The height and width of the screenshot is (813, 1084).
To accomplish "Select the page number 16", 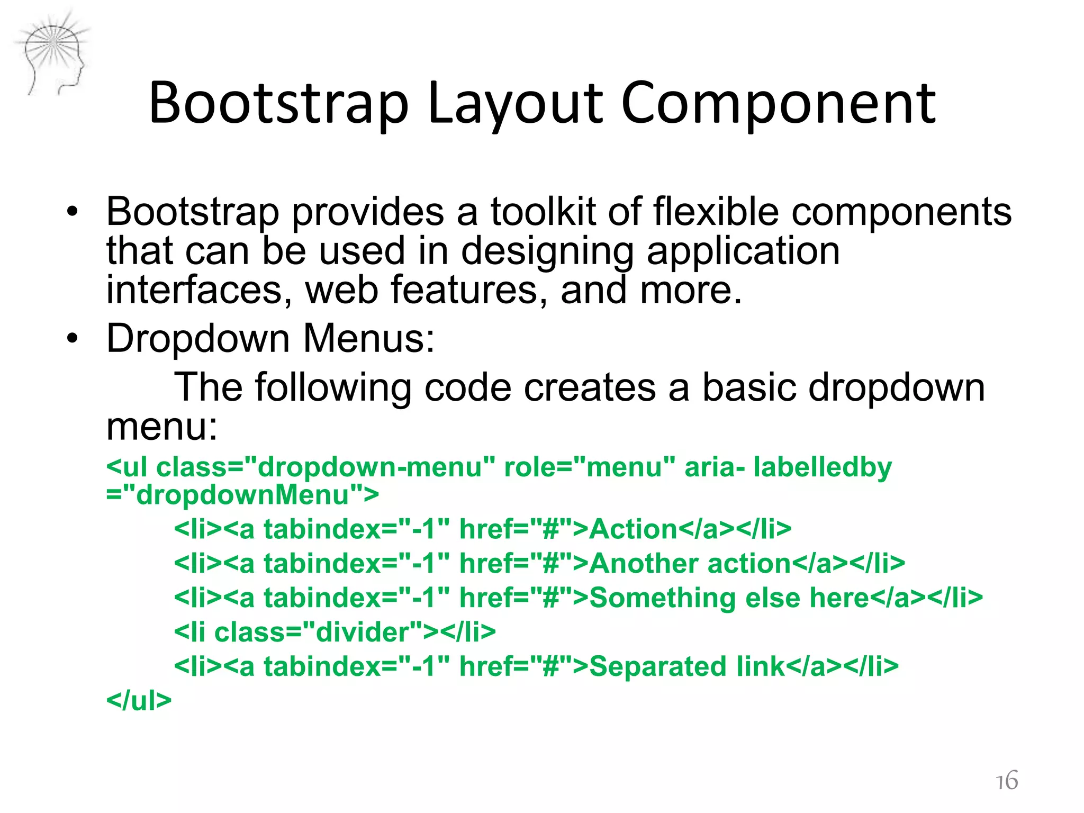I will click(x=1006, y=780).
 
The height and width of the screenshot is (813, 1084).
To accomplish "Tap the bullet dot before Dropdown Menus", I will click(x=73, y=338).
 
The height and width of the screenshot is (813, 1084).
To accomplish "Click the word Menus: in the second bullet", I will click(x=369, y=338).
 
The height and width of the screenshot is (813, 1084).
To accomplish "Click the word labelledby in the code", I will click(x=823, y=468).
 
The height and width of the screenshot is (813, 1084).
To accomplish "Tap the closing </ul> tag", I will click(x=139, y=701).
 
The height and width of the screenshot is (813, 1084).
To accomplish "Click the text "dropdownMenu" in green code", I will click(x=242, y=495).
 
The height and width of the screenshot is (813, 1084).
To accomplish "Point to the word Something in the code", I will click(x=662, y=598).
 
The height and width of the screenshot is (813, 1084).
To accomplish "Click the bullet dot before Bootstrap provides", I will click(x=73, y=212).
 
